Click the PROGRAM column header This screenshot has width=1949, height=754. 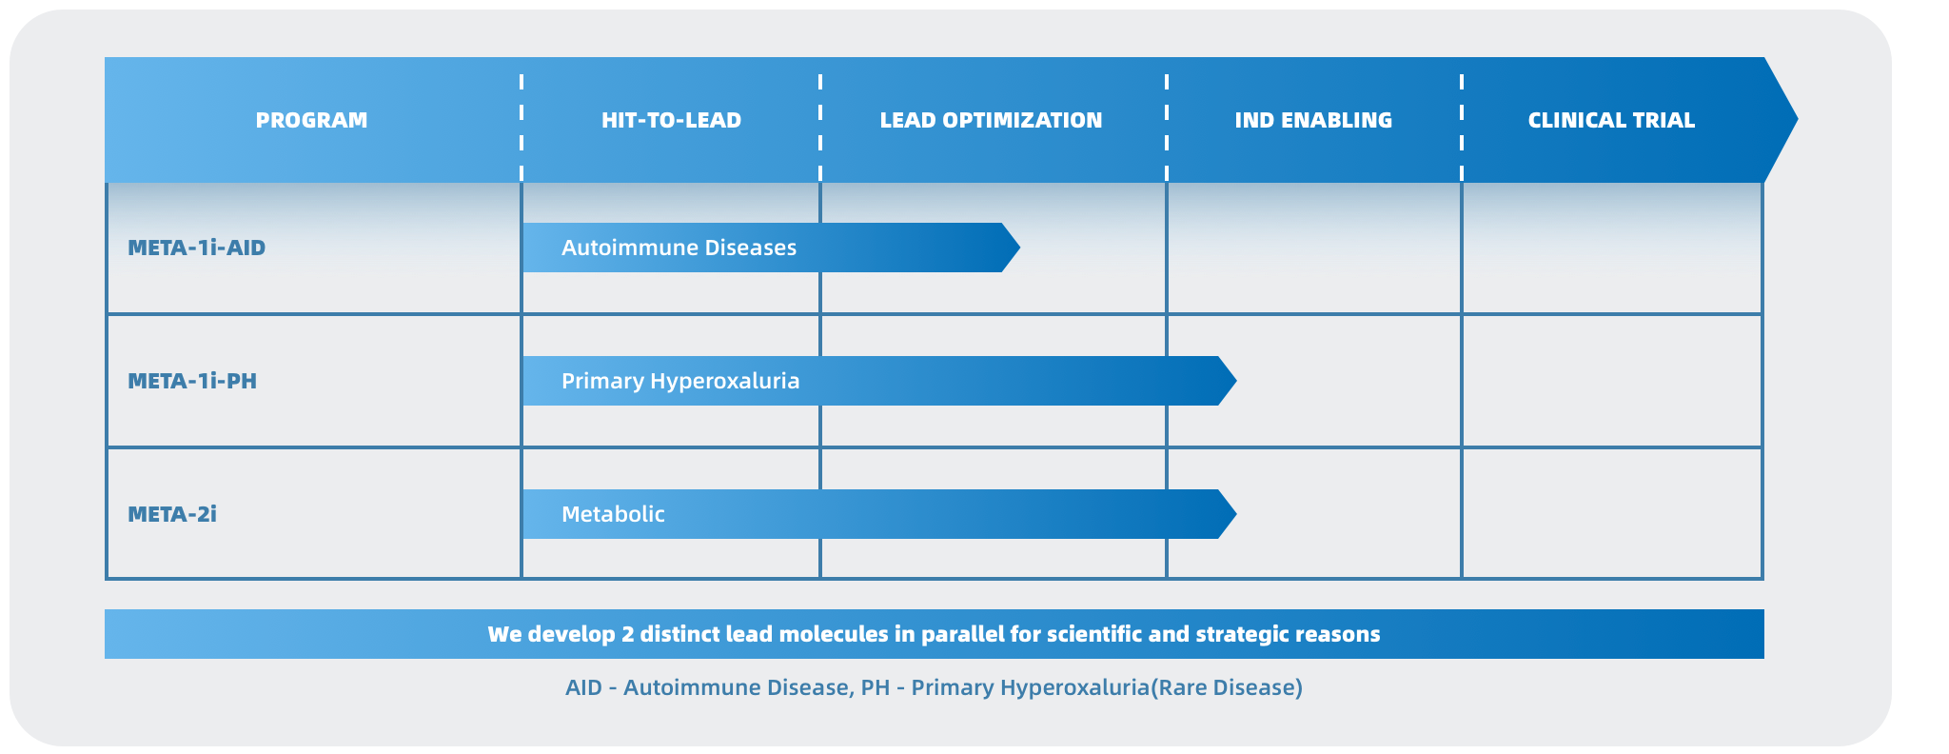tap(311, 120)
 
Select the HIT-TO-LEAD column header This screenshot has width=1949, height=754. tap(671, 120)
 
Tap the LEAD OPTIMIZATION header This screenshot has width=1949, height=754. tap(991, 120)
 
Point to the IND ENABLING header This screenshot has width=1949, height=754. tap(1313, 120)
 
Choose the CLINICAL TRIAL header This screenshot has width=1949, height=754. tap(1611, 120)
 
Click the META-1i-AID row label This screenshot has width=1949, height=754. tap(197, 248)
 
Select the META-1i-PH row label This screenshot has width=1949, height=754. tap(192, 381)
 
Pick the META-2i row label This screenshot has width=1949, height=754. tap(172, 514)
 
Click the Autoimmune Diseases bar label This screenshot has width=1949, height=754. tap(679, 248)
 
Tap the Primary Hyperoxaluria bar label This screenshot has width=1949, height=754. tap(680, 381)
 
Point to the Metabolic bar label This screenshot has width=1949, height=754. tap(613, 514)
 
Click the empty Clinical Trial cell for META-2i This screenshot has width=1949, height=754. tap(1612, 514)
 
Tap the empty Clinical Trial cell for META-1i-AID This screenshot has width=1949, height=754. tap(1612, 248)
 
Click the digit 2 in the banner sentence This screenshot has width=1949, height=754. tap(628, 634)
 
